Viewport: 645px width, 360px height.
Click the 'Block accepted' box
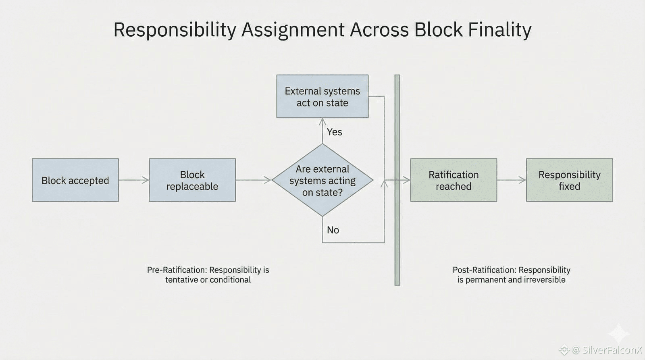coord(75,180)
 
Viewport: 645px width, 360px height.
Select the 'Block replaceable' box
coord(192,180)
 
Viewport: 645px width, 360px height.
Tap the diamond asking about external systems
coord(322,180)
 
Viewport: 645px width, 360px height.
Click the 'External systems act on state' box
coord(322,97)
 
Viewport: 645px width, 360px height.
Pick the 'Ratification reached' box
coord(454,180)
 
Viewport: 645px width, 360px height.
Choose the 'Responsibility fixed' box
coord(569,180)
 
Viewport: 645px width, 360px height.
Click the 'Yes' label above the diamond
coord(334,132)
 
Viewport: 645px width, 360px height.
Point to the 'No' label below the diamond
coord(333,230)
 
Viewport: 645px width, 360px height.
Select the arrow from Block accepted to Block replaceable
coord(134,180)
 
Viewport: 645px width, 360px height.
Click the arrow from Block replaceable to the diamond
coord(254,180)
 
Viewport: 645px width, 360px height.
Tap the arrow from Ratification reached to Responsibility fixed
coord(511,180)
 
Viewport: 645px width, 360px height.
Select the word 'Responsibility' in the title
coord(175,30)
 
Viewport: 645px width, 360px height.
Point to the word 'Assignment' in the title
coord(293,30)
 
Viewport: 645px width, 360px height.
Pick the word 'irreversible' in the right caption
coord(544,280)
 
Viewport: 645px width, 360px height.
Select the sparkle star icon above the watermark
coord(619,333)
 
